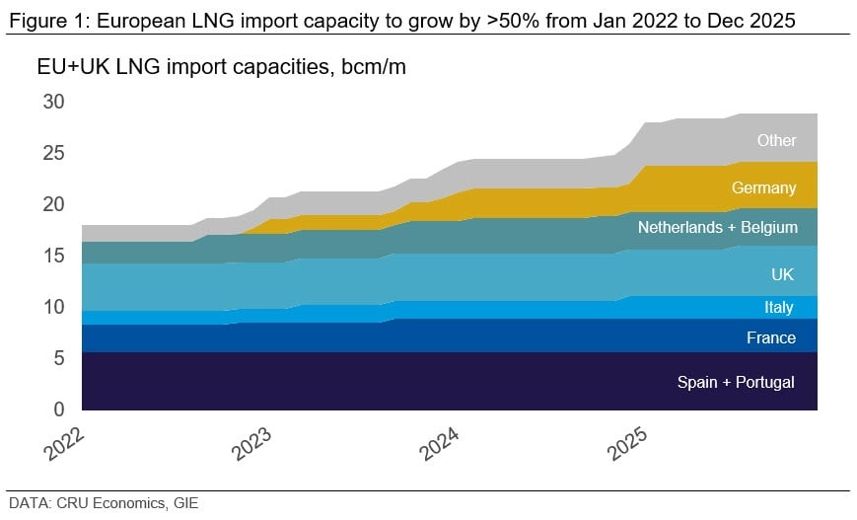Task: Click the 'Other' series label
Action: [x=776, y=140]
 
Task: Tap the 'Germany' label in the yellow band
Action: [x=763, y=187]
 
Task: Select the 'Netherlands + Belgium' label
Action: [x=717, y=227]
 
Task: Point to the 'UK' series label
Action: [x=782, y=274]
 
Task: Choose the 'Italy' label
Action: [x=778, y=308]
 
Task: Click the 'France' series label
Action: [x=770, y=337]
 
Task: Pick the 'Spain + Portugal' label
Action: [x=735, y=382]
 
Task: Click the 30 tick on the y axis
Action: [x=53, y=102]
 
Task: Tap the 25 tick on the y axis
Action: [x=53, y=153]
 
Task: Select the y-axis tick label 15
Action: [x=53, y=256]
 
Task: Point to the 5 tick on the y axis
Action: [x=59, y=358]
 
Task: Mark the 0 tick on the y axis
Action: [x=59, y=409]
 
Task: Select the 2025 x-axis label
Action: [x=628, y=442]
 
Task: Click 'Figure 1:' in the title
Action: [x=38, y=19]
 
